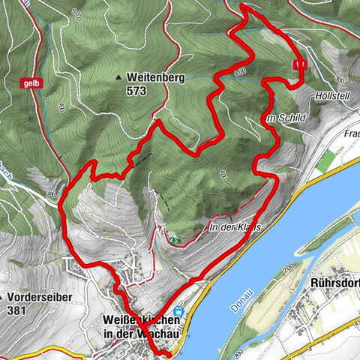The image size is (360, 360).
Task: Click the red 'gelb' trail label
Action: [31, 82]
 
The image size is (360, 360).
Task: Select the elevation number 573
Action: [136, 91]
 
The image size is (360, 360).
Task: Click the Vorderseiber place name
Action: [33, 295]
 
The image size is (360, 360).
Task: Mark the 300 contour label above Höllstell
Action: [340, 79]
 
